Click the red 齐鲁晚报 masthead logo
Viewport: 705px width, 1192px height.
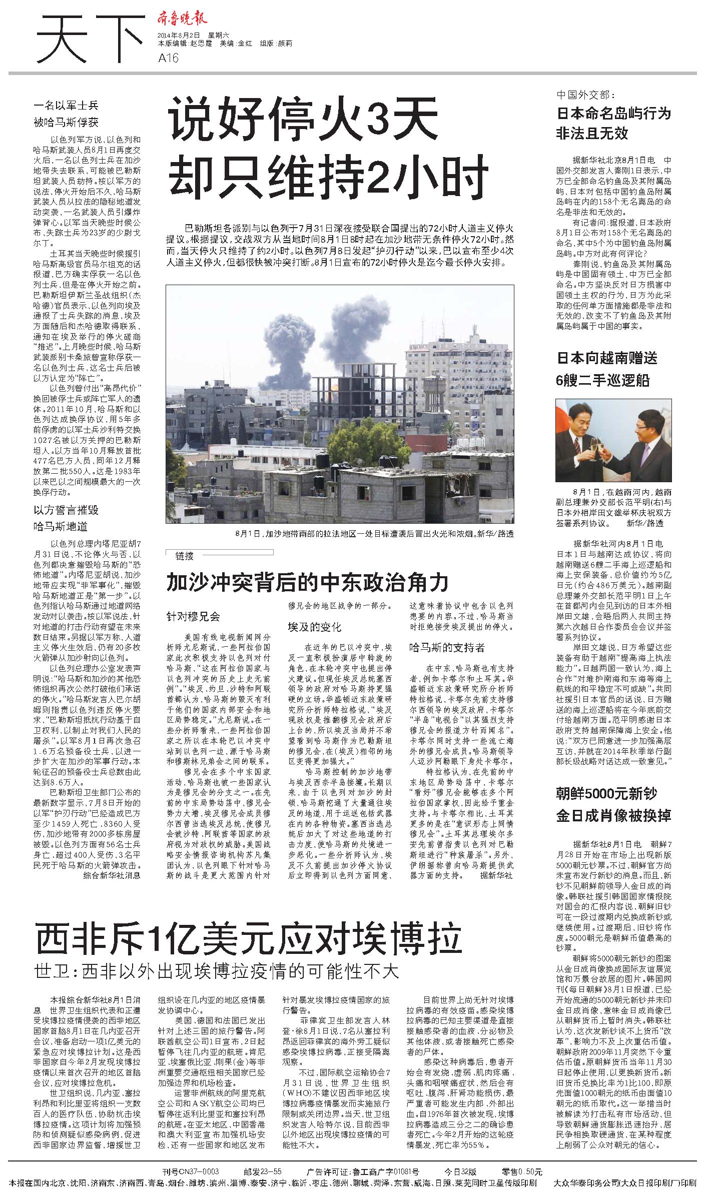pos(182,20)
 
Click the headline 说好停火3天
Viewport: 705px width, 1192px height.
pos(303,123)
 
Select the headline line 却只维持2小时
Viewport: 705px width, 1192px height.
pos(328,177)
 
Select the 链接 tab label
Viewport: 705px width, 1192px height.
pos(185,556)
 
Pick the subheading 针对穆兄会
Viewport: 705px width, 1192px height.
pos(193,617)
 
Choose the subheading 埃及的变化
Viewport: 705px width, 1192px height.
pos(314,627)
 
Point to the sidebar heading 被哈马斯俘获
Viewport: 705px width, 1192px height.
pos(66,123)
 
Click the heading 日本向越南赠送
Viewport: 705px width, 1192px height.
pos(607,358)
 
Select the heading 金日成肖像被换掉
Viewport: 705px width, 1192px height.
pos(613,816)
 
